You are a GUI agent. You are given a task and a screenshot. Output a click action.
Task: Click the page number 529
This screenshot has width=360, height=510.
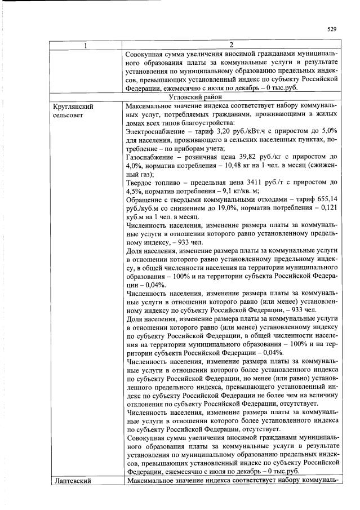pos(332,29)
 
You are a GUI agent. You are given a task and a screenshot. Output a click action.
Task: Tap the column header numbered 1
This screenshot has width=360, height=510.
pos(86,45)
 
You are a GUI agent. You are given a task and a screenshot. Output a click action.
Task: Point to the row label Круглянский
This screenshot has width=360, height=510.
pos(72,105)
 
